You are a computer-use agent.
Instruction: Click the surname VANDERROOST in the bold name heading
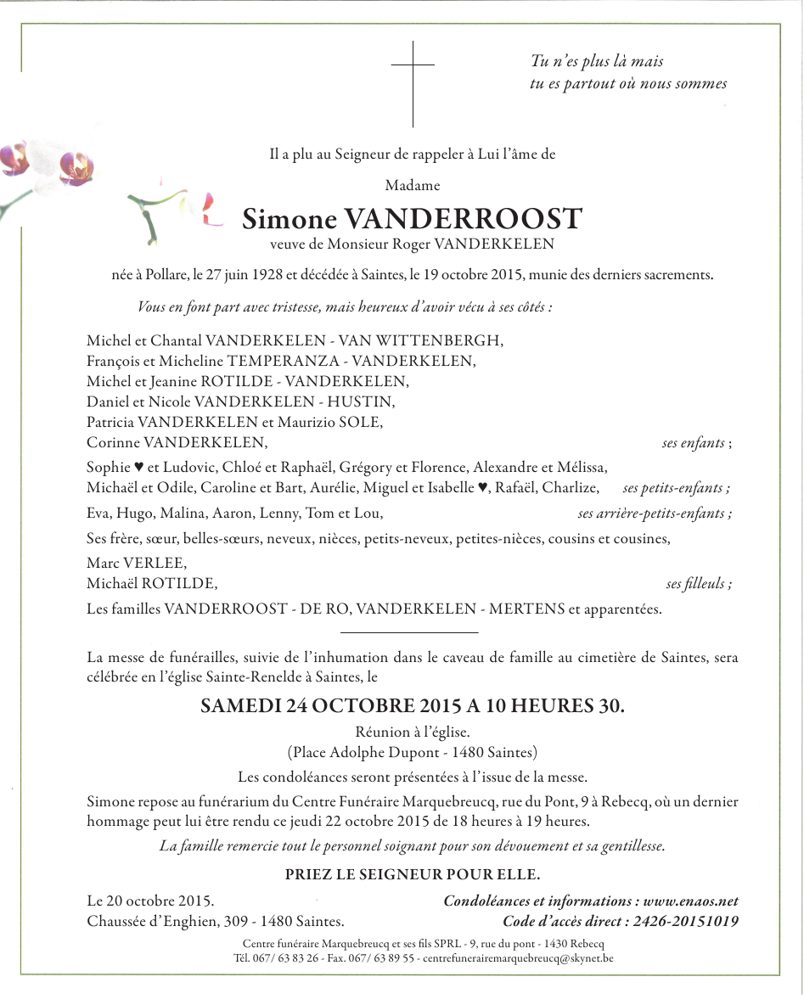tap(463, 219)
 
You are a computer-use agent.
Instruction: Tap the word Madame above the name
tap(413, 185)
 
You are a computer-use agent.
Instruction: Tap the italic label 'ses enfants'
tap(694, 443)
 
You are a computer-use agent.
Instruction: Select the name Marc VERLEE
tap(137, 564)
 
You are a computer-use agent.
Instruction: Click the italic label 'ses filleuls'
tap(696, 584)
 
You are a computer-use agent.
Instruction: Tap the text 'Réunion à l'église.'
tap(413, 732)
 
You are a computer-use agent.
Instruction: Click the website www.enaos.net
tap(691, 901)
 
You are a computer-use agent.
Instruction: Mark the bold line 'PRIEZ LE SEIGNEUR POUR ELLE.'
tap(413, 875)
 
